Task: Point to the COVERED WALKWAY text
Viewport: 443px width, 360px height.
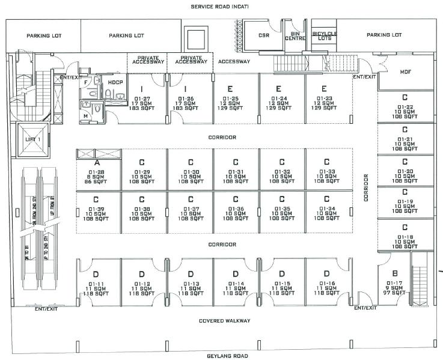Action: (x=224, y=320)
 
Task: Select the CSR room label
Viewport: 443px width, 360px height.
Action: (x=263, y=35)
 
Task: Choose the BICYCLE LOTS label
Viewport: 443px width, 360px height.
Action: (x=324, y=35)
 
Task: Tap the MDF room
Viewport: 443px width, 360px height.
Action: (x=405, y=72)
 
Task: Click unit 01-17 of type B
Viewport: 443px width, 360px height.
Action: (x=394, y=282)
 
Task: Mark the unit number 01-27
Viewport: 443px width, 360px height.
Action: (x=142, y=98)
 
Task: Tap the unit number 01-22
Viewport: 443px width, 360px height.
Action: (x=405, y=106)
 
